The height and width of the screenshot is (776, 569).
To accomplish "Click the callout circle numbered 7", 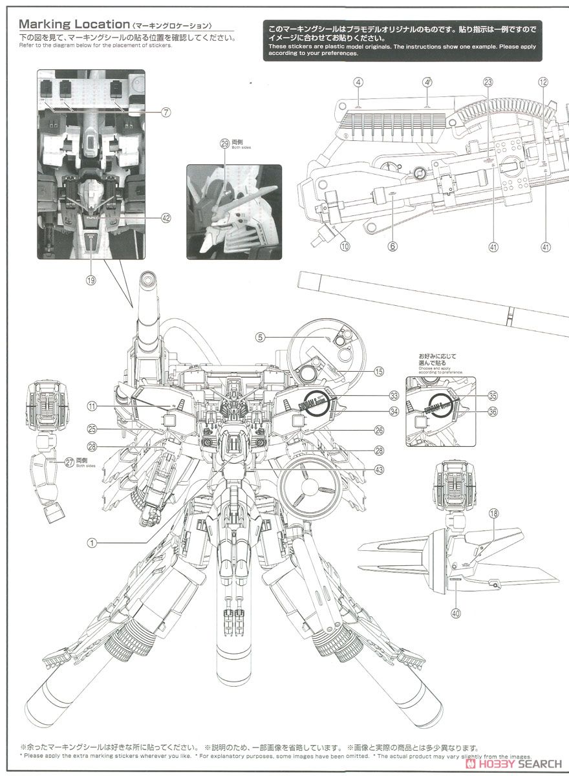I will pyautogui.click(x=166, y=113).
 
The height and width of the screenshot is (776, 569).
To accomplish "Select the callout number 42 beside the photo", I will pyautogui.click(x=166, y=219).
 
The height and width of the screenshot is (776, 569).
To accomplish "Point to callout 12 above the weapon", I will pyautogui.click(x=543, y=82).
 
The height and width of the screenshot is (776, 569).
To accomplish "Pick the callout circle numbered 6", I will pyautogui.click(x=393, y=246).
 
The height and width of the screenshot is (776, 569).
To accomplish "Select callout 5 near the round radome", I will pyautogui.click(x=259, y=337).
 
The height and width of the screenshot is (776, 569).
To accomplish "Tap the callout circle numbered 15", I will pyautogui.click(x=379, y=371).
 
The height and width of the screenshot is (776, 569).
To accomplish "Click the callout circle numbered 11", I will pyautogui.click(x=92, y=407).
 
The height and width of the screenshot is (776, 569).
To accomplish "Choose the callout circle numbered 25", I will pyautogui.click(x=92, y=429).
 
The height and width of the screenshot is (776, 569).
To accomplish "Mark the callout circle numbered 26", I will pyautogui.click(x=379, y=429).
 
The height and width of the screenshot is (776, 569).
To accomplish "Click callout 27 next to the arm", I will pyautogui.click(x=69, y=462).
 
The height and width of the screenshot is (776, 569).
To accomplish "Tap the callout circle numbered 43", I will pyautogui.click(x=379, y=469).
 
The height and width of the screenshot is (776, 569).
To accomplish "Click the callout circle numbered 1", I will pyautogui.click(x=92, y=543).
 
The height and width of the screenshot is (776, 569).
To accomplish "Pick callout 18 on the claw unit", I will pyautogui.click(x=494, y=514).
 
